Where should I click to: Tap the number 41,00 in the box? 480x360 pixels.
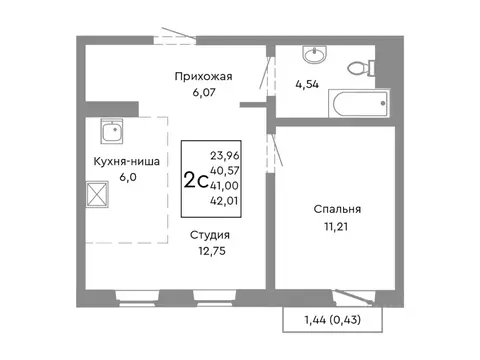[x=226, y=185]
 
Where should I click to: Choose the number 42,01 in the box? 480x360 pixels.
[x=226, y=201]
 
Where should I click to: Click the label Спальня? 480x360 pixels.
[x=336, y=209]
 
